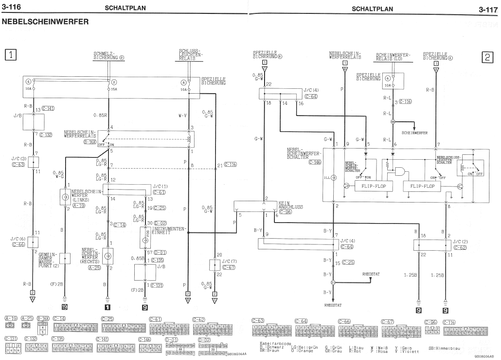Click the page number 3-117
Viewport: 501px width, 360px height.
tap(488, 9)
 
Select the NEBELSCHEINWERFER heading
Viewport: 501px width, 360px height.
tap(46, 21)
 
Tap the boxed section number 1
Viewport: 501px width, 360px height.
tap(11, 55)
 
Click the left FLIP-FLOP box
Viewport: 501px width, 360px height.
tap(370, 186)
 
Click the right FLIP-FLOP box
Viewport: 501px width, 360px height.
tap(419, 186)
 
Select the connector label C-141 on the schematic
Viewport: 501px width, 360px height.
tap(48, 108)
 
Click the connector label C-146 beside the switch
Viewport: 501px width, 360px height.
tap(315, 162)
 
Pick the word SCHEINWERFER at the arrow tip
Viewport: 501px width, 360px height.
tap(414, 133)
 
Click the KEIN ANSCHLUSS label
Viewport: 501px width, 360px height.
tap(290, 205)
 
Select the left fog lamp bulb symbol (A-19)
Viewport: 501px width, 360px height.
tap(65, 196)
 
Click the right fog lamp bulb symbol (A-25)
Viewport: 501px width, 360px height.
tap(108, 256)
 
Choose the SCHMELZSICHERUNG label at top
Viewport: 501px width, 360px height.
tap(108, 56)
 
